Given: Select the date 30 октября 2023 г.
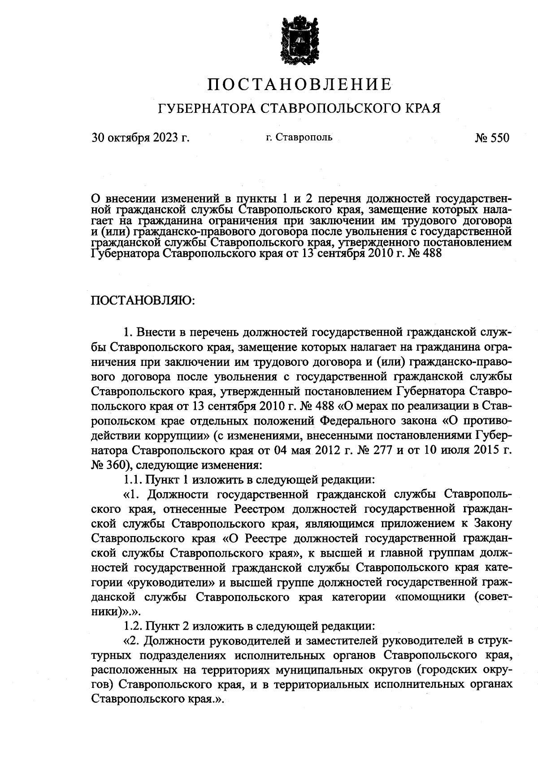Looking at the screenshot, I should click(141, 138).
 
